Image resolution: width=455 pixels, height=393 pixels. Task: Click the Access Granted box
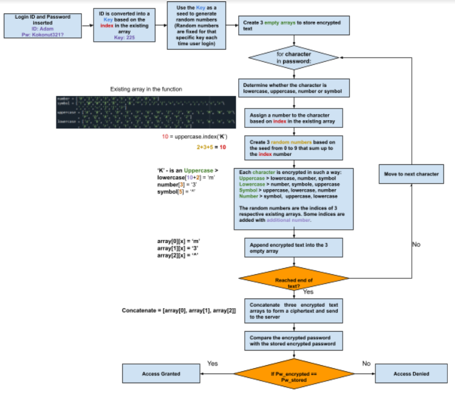(x=161, y=374)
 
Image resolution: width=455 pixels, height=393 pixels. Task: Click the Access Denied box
(x=410, y=374)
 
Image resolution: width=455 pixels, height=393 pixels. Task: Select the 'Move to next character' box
(x=411, y=174)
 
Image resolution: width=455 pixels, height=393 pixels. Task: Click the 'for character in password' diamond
(x=294, y=58)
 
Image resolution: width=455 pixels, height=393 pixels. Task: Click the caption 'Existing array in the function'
(x=146, y=89)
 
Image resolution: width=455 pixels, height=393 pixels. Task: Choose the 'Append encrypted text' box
(x=294, y=247)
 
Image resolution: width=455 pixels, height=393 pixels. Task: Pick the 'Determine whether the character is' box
(x=294, y=89)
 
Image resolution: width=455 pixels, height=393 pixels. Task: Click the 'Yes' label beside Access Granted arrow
(x=213, y=364)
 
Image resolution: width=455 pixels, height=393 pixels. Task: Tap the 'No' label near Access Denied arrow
(x=366, y=364)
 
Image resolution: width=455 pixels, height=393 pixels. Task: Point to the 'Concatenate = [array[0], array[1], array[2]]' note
(x=179, y=311)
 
